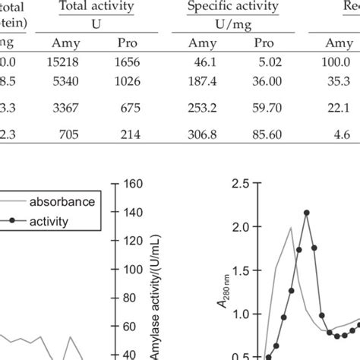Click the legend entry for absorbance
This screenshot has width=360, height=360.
click(62, 203)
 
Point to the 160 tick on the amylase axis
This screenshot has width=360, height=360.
click(134, 184)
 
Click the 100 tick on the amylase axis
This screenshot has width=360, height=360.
click(134, 270)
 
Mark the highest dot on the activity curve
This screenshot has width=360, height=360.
click(307, 213)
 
